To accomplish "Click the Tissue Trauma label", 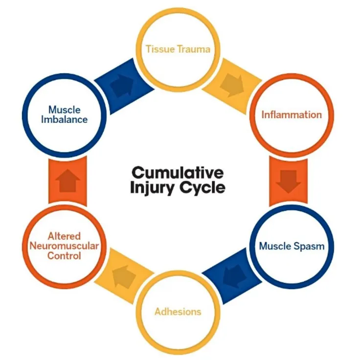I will (x=179, y=49).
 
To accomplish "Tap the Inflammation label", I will (x=292, y=115).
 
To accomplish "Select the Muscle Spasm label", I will (x=292, y=246).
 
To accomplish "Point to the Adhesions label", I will (x=178, y=312).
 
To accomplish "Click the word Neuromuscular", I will (x=65, y=246).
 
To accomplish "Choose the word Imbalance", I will (x=65, y=119).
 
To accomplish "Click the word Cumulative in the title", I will (x=178, y=173).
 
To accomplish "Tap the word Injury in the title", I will (x=153, y=187).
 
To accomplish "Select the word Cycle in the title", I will (x=201, y=187).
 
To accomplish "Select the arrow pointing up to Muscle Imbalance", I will (x=68, y=181).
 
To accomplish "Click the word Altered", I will (x=65, y=236).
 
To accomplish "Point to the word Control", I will (x=65, y=255).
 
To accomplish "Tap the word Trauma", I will (x=194, y=49).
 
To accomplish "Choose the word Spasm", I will (x=310, y=246).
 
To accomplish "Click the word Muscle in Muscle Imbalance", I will (x=65, y=110).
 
